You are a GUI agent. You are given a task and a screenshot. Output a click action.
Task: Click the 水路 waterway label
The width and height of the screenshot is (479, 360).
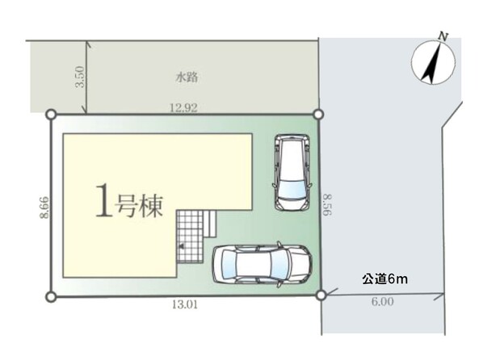[x=187, y=77]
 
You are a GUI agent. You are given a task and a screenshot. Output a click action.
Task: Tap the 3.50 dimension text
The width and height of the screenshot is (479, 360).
[x=80, y=77]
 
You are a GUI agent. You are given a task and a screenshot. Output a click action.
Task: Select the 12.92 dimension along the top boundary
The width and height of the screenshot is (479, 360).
[x=183, y=107]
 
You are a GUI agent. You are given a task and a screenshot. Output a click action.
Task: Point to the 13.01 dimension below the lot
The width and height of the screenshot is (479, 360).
[x=185, y=304]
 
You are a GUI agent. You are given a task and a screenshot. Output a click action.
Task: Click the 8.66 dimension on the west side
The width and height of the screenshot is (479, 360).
[x=44, y=207]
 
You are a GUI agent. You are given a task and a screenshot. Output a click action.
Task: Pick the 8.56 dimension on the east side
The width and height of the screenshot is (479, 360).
[x=327, y=204]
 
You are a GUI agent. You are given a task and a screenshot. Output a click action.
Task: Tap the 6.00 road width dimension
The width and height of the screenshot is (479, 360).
[x=382, y=302]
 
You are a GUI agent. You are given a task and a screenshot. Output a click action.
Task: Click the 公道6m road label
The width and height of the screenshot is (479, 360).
[x=384, y=279]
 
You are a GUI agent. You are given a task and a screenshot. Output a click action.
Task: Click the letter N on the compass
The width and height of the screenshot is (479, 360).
[x=443, y=37]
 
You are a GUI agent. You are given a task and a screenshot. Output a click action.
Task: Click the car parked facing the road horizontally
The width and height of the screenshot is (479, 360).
[x=263, y=264]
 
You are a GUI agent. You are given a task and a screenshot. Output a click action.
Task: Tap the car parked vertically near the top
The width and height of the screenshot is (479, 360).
[x=292, y=173]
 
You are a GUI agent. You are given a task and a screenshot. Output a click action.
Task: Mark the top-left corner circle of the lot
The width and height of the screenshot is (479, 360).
[x=51, y=115]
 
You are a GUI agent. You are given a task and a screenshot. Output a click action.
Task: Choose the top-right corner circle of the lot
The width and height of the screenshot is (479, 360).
[x=318, y=115]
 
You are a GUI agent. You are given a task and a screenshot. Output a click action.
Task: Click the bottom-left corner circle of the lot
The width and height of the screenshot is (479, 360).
[x=51, y=296]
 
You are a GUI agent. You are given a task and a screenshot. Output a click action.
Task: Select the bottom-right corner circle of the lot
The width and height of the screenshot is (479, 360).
[x=321, y=295]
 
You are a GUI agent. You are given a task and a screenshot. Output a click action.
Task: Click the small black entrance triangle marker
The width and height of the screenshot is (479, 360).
[x=182, y=246]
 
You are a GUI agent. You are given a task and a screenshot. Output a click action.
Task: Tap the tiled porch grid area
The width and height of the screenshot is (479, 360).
[x=190, y=236]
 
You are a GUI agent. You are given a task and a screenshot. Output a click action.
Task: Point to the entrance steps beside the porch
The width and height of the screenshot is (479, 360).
[x=210, y=224]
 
